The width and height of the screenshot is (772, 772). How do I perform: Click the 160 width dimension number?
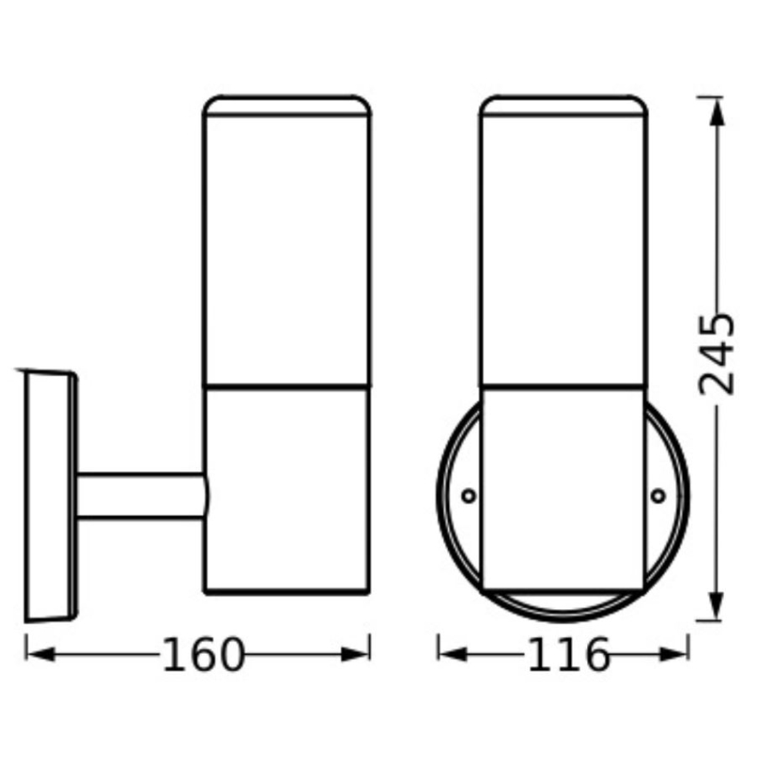tap(202, 655)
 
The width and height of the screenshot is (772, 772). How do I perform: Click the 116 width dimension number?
tap(569, 655)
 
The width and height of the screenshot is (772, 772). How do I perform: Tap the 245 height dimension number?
tap(716, 353)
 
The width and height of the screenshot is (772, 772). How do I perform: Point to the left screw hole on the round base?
tap(468, 495)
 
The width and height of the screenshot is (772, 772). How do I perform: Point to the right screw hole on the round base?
tap(657, 495)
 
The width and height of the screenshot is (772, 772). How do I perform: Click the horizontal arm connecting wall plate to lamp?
tap(142, 496)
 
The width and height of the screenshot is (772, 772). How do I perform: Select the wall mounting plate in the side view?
tap(49, 498)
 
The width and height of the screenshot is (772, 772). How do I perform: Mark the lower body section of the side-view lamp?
tap(286, 489)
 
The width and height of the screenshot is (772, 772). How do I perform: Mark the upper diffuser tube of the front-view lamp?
tap(561, 253)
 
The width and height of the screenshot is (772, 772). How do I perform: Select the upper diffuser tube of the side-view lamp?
tap(286, 253)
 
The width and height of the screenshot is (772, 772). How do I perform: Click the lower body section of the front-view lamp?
tap(561, 489)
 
